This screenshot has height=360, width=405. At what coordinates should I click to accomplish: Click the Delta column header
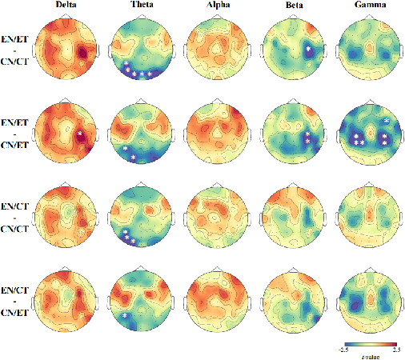pyautogui.click(x=66, y=6)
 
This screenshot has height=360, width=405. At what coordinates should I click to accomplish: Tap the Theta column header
pyautogui.click(x=142, y=6)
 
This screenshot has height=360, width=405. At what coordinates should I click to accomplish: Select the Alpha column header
pyautogui.click(x=215, y=6)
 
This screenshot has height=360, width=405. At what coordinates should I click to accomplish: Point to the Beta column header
pyautogui.click(x=291, y=6)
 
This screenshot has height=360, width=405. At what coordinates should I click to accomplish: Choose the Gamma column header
pyautogui.click(x=367, y=6)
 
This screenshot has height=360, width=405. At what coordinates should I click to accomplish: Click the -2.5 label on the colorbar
pyautogui.click(x=340, y=350)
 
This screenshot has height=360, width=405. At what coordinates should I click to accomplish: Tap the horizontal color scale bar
pyautogui.click(x=366, y=342)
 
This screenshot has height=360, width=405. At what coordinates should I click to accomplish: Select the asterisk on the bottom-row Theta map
pyautogui.click(x=126, y=316)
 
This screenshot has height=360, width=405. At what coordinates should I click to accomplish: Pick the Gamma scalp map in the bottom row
pyautogui.click(x=367, y=297)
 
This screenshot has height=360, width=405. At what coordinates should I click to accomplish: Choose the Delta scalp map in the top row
pyautogui.click(x=66, y=51)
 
